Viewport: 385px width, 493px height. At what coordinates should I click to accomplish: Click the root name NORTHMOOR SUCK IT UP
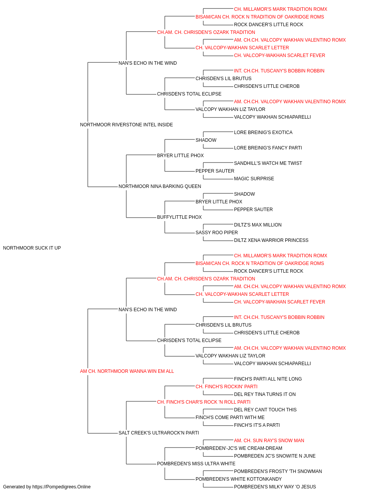[32, 248]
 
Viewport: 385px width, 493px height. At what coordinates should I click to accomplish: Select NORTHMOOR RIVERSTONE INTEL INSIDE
[126, 125]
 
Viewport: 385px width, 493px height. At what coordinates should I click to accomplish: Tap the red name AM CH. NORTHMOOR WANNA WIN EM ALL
[127, 371]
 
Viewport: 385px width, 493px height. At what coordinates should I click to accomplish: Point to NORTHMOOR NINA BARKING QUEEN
[160, 186]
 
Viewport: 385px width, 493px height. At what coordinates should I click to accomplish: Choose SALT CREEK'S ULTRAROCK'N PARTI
[159, 433]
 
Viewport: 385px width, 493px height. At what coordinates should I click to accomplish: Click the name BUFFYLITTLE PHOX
[179, 217]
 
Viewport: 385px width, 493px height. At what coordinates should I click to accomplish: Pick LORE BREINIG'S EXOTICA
[263, 132]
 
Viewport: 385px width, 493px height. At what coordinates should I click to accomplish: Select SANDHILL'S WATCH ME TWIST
[268, 163]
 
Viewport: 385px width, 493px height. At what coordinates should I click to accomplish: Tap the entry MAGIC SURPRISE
[254, 179]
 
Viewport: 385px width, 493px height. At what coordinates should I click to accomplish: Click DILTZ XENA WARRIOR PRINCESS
[271, 240]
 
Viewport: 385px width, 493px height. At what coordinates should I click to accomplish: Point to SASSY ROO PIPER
[216, 233]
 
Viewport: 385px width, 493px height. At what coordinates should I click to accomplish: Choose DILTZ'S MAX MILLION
[258, 225]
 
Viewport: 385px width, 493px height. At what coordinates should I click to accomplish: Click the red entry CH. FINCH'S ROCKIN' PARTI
[226, 387]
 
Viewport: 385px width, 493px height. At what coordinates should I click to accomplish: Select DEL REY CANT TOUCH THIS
[265, 410]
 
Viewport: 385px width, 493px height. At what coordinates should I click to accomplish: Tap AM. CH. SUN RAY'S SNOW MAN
[269, 441]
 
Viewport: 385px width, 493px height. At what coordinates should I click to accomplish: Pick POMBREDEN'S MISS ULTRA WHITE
[196, 464]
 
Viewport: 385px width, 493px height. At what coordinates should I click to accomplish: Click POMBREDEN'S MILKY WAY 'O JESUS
[275, 487]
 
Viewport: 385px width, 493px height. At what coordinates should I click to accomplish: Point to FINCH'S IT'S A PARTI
[257, 425]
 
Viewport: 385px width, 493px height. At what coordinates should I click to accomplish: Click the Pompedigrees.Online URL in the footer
[62, 487]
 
